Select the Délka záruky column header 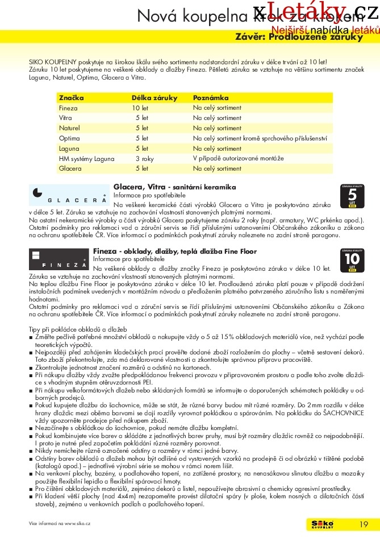(x=154, y=98)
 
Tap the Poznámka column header (x=211, y=98)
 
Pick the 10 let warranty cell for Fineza (x=140, y=108)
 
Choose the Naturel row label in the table (x=69, y=128)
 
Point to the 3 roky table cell (x=144, y=158)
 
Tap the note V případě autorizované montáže (x=238, y=158)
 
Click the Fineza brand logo (x=59, y=259)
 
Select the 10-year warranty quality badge (x=352, y=261)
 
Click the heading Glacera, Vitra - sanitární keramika (x=174, y=187)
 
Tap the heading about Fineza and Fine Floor (x=174, y=251)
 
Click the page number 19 (x=364, y=524)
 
